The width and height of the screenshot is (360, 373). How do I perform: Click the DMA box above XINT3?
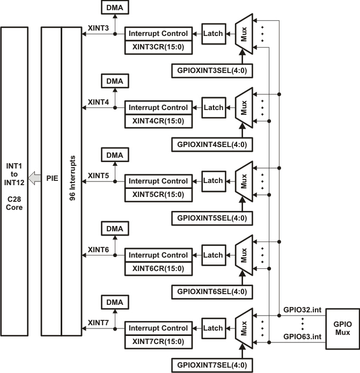(114, 8)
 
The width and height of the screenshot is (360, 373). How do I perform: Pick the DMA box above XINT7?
(114, 303)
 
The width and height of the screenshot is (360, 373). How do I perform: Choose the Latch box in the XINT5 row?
(213, 181)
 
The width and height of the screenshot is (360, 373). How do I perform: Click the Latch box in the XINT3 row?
(213, 33)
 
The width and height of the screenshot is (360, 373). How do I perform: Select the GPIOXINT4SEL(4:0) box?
(209, 144)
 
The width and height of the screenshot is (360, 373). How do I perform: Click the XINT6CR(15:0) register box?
(157, 268)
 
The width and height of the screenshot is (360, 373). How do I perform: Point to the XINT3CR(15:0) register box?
(157, 47)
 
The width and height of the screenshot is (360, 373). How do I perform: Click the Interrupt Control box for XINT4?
(157, 107)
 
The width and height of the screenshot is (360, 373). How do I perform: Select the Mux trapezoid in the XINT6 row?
(244, 255)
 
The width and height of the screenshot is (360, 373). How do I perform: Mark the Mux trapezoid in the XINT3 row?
(244, 33)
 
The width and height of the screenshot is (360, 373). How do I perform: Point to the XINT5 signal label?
(98, 175)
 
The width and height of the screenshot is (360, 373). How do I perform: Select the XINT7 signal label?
(98, 323)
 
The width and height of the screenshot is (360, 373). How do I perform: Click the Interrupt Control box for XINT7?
(157, 328)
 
